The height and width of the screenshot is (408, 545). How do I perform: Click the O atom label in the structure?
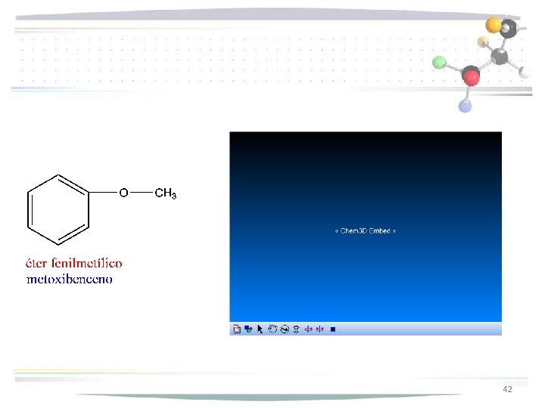123,193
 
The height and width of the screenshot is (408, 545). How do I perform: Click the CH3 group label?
165,194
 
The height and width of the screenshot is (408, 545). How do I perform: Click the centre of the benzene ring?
58,210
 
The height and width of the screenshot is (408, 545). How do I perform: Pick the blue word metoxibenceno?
69,280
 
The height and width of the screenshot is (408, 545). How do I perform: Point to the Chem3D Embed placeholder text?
366,230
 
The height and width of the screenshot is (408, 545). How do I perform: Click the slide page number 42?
507,389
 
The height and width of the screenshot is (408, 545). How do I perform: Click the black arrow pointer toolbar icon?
260,329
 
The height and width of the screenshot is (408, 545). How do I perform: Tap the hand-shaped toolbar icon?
272,329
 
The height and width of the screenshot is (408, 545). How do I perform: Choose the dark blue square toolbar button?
334,329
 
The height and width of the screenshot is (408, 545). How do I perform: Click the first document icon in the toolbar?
236,329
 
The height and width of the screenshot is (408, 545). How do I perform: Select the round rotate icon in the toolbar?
284,329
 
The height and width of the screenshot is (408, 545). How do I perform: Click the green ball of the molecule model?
439,62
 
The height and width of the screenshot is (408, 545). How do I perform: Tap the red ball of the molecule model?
472,76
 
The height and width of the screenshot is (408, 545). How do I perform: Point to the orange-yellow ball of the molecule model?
494,25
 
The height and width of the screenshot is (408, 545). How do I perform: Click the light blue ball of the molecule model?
465,106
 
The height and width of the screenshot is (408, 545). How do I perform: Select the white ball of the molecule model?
525,72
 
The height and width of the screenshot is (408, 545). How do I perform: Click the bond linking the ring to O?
103,193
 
